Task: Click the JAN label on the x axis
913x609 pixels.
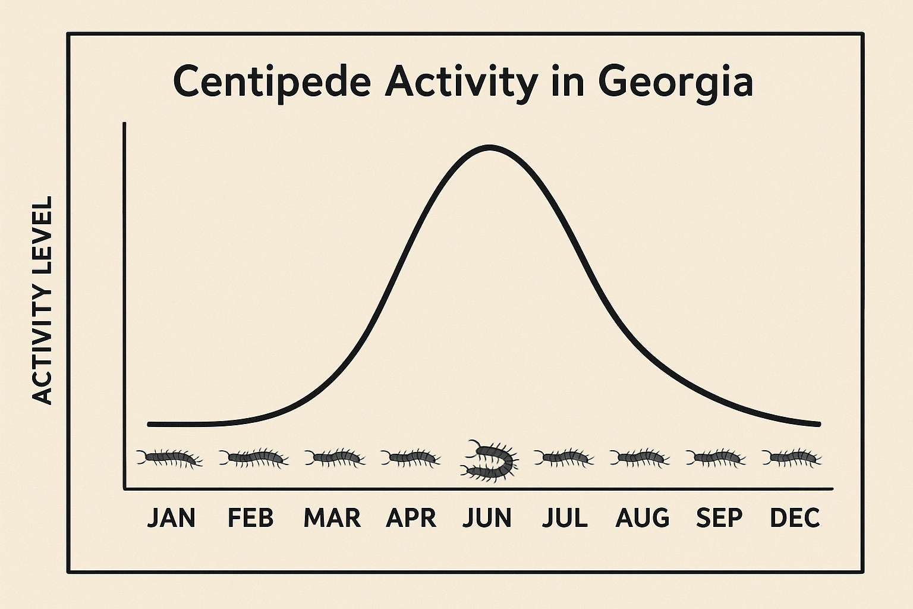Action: coord(171,518)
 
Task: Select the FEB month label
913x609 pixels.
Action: coord(251,518)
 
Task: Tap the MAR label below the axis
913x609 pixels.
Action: coord(332,518)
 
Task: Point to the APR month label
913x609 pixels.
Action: coord(411,518)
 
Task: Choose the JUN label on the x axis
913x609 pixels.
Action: coord(487,518)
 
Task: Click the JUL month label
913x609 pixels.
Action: coord(565,518)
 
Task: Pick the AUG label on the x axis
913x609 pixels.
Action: coord(642,518)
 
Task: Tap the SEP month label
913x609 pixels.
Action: coord(719,518)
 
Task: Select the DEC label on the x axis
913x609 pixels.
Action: coord(795,518)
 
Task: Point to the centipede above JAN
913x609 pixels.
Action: coord(170,458)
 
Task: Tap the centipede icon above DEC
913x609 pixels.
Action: coord(792,458)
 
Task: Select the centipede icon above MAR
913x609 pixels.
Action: coord(335,458)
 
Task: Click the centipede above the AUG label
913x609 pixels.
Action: coord(640,458)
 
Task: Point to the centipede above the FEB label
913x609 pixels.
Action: coord(254,458)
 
